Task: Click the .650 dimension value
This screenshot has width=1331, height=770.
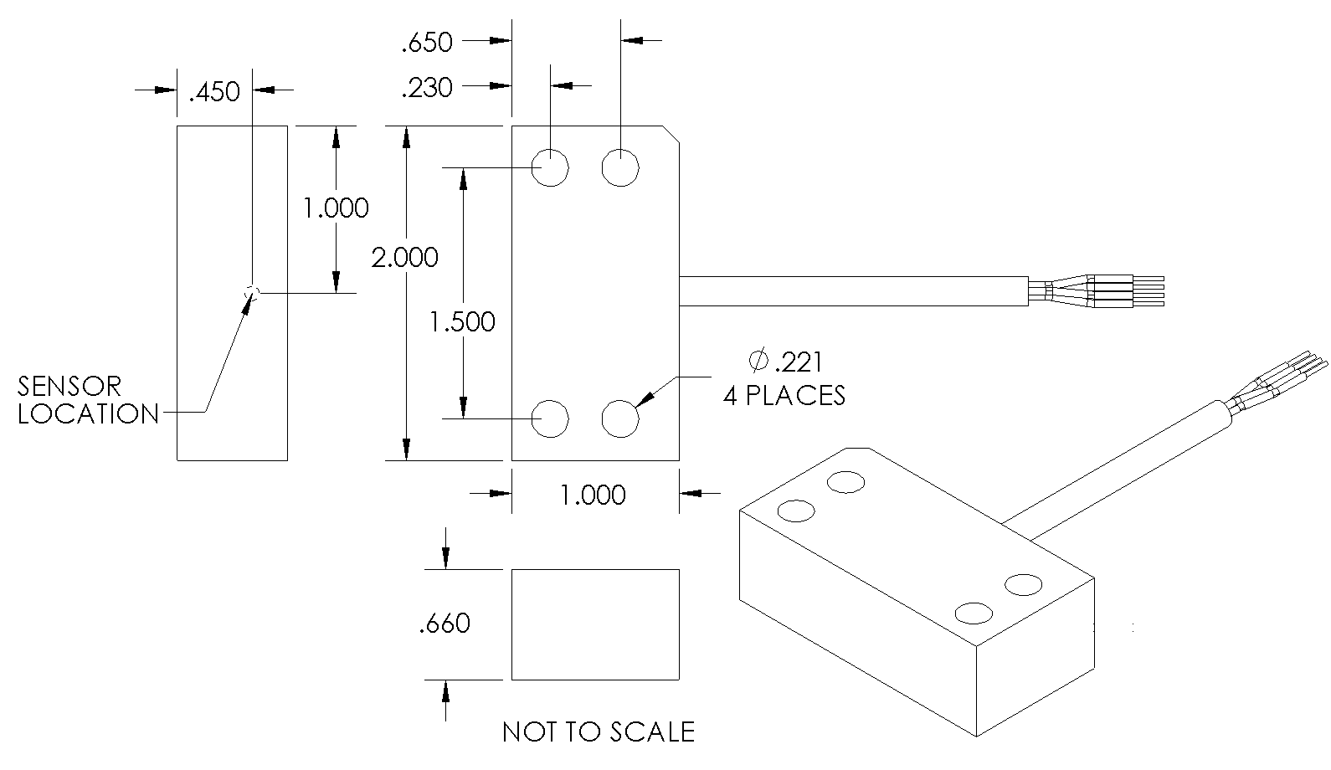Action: click(x=427, y=42)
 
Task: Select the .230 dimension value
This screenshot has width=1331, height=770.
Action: click(x=427, y=87)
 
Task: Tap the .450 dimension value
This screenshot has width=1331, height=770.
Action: click(x=214, y=91)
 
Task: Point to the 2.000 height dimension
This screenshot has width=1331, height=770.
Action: click(x=405, y=256)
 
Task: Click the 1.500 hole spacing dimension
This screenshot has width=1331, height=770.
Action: click(x=462, y=321)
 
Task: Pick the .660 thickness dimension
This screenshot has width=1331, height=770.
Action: click(x=445, y=624)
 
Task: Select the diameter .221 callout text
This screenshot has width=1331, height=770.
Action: click(x=786, y=362)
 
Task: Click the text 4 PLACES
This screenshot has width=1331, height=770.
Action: click(x=784, y=395)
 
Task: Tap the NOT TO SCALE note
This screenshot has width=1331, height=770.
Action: click(x=599, y=732)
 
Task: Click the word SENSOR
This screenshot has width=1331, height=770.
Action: click(x=69, y=386)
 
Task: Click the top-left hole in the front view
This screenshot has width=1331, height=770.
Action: click(x=551, y=167)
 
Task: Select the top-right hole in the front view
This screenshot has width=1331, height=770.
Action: click(x=620, y=167)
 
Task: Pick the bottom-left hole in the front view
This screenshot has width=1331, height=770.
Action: click(x=551, y=418)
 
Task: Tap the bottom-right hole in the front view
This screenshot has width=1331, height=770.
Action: click(x=620, y=418)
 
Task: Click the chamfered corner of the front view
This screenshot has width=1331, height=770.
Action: click(x=671, y=135)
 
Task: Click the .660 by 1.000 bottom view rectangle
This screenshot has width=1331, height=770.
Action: click(x=595, y=624)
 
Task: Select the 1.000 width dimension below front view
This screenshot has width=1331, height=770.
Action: click(x=593, y=495)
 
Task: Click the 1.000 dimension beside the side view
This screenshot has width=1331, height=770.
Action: click(x=336, y=208)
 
